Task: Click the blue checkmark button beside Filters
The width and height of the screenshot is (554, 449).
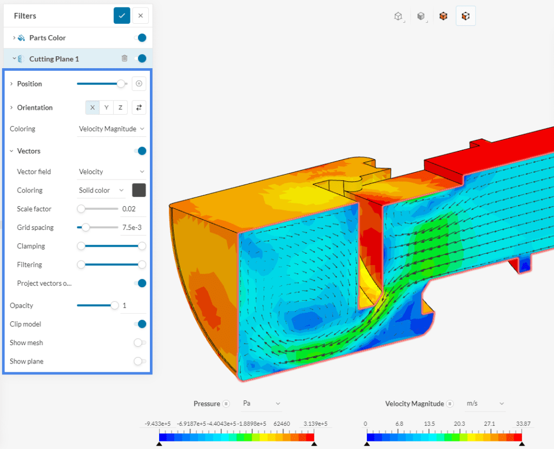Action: pyautogui.click(x=122, y=16)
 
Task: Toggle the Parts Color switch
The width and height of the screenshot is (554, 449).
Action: pyautogui.click(x=141, y=38)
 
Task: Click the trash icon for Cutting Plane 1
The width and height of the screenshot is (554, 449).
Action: pyautogui.click(x=124, y=58)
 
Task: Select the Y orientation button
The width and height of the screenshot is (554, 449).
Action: pyautogui.click(x=107, y=108)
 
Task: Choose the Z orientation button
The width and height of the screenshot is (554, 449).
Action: pyautogui.click(x=120, y=108)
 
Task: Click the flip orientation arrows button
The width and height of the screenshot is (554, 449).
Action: pyautogui.click(x=139, y=108)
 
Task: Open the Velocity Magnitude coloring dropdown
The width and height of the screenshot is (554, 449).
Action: pyautogui.click(x=111, y=129)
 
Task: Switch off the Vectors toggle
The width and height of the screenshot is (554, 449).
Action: pyautogui.click(x=141, y=151)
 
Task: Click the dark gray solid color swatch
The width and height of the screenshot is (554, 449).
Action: pyautogui.click(x=139, y=190)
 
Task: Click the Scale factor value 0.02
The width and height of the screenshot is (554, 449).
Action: pyautogui.click(x=128, y=209)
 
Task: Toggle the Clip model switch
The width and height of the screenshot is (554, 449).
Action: pyautogui.click(x=141, y=324)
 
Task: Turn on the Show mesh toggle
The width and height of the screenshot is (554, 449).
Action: pyautogui.click(x=140, y=342)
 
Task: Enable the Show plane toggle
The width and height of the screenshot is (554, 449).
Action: pyautogui.click(x=140, y=361)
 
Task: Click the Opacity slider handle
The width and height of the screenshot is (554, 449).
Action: pyautogui.click(x=115, y=306)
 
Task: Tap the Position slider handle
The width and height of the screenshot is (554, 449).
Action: pyautogui.click(x=121, y=84)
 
